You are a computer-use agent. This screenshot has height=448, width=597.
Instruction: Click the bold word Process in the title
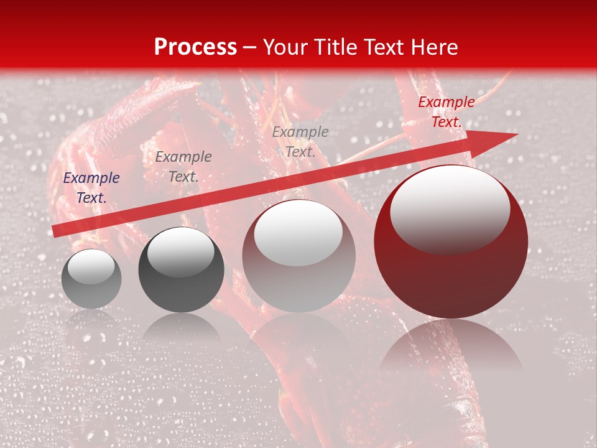pos(195,47)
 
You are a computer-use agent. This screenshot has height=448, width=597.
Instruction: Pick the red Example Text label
pos(446,112)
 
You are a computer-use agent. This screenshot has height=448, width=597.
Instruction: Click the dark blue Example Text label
pos(91,188)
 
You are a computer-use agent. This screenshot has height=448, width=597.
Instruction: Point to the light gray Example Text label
pos(300,142)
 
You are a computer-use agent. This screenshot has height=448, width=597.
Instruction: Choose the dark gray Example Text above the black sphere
pos(183,167)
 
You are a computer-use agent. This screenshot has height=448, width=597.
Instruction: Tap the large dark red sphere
pos(451,280)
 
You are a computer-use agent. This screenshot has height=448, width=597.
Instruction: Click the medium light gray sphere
pos(298,280)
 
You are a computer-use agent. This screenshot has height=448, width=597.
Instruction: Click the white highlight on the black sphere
pos(180,253)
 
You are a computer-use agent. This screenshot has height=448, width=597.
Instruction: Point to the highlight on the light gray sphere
pos(298,232)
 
